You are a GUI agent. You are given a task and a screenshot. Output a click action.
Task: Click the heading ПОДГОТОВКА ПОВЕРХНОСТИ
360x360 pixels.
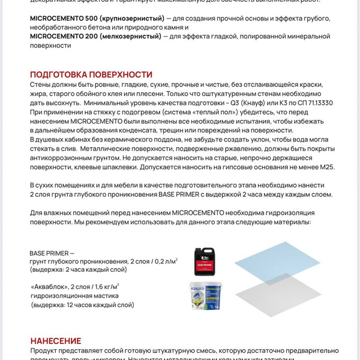pos(91,74)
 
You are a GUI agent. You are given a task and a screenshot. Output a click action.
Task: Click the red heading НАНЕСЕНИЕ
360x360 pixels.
pos(56,341)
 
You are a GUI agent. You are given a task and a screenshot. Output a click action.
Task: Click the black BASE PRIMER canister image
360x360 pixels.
pos(205,261)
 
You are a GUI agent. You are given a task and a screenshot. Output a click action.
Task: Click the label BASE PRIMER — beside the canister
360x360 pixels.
pos(52,253)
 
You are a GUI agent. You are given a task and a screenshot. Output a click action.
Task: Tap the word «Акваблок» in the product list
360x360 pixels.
pos(50,286)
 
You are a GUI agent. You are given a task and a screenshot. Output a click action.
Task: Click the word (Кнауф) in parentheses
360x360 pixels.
pos(259,103)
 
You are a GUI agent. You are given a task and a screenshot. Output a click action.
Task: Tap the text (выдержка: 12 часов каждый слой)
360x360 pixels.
pos(83,305)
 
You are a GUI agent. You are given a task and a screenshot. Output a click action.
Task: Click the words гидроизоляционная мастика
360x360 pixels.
pos(74,295)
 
